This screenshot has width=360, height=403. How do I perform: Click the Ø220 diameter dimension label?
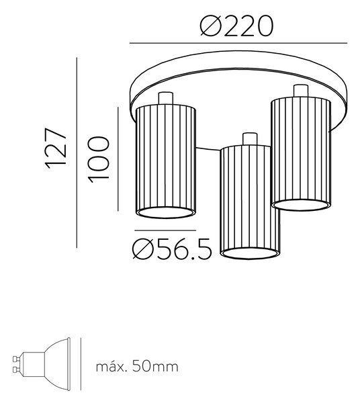click(x=236, y=26)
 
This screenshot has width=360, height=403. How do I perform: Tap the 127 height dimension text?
click(x=56, y=148)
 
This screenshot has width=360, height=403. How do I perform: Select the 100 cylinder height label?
click(x=99, y=159)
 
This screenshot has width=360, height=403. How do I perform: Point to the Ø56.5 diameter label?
click(x=172, y=249)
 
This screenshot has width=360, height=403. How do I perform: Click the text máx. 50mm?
click(x=137, y=366)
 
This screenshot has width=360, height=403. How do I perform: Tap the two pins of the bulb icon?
click(x=15, y=363)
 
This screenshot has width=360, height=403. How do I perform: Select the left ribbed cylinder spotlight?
click(x=166, y=161)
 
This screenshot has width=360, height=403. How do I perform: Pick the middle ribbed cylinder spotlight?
click(x=249, y=202)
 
